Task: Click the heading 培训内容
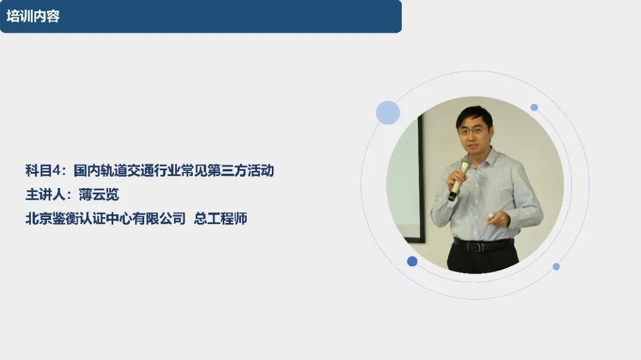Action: (x=33, y=17)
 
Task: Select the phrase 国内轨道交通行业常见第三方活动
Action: (x=174, y=170)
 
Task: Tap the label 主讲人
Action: (x=45, y=195)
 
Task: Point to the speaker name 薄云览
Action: (x=99, y=195)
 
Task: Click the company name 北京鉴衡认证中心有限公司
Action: (x=106, y=219)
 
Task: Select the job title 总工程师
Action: (x=220, y=219)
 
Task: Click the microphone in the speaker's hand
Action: (x=459, y=178)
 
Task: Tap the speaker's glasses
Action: (x=474, y=131)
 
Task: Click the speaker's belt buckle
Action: (x=476, y=246)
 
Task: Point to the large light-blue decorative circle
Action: (x=388, y=112)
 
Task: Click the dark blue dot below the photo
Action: (x=412, y=261)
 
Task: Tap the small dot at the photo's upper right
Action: (x=534, y=107)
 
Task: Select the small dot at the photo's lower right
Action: (x=556, y=266)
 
